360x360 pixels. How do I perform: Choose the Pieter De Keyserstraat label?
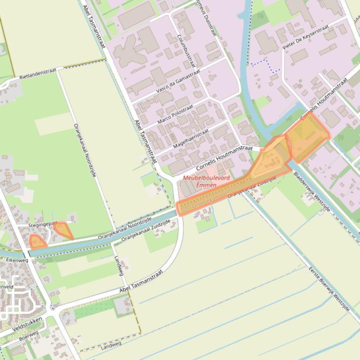(306, 37)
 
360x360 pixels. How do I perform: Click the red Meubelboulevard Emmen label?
(200, 181)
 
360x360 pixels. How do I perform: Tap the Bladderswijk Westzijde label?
(312, 192)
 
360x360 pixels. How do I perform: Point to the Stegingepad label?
(43, 224)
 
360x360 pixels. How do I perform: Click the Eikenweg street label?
(17, 260)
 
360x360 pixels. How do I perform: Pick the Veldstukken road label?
(28, 324)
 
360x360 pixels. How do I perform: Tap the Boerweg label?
(29, 335)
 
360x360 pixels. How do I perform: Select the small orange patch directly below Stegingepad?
(62, 230)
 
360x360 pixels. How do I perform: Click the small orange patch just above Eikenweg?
(37, 241)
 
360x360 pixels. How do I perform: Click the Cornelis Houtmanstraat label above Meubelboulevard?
(224, 158)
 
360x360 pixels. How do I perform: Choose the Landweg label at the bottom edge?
(111, 345)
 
